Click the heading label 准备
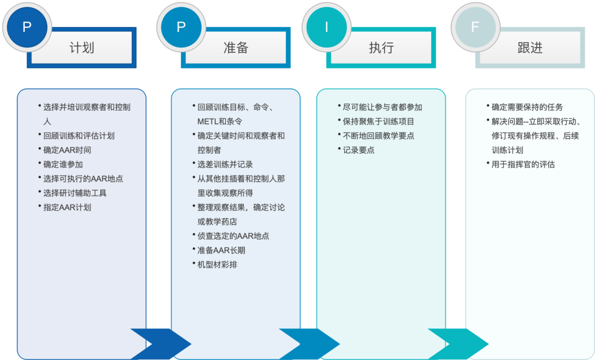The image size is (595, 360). tap(236, 48)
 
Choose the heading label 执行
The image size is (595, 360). tap(381, 48)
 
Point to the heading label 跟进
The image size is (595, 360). tap(530, 48)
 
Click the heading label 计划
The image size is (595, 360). tap(82, 48)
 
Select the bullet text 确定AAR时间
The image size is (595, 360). tap(67, 150)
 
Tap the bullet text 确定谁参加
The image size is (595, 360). tap(63, 164)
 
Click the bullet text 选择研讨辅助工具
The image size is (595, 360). tap(75, 193)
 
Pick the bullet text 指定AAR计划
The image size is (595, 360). tap(67, 207)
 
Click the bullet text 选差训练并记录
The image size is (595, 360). tap(225, 164)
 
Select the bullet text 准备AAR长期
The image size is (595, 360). tap(221, 250)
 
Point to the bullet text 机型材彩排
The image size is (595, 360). tap(218, 265)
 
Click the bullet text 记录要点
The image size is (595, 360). tap(359, 150)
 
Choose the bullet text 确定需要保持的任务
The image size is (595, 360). tap(527, 107)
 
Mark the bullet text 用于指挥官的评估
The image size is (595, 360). tap(523, 164)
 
